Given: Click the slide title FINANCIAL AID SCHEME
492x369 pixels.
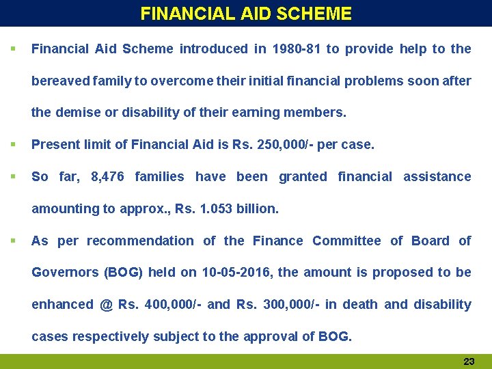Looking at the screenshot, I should click(x=246, y=14).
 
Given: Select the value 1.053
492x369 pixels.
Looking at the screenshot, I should click(x=215, y=209).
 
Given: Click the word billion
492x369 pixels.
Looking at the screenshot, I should click(x=257, y=209).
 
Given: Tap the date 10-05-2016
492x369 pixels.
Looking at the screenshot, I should click(x=238, y=273).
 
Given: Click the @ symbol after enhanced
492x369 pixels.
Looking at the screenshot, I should click(x=106, y=305).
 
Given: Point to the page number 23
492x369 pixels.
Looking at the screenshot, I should click(x=469, y=361).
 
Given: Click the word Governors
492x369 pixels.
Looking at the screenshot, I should click(x=65, y=273).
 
